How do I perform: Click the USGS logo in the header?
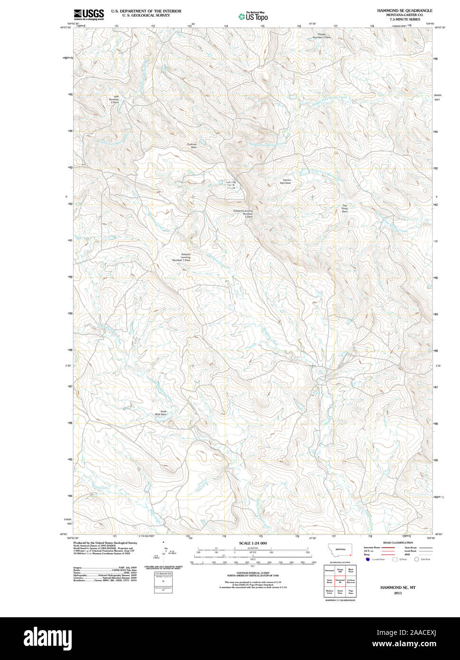point(88,14)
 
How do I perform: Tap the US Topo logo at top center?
point(253,17)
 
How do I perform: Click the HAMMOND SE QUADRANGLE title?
point(404,10)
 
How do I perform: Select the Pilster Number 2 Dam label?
point(324,36)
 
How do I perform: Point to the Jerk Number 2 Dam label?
point(114,100)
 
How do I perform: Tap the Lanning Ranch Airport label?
point(231,185)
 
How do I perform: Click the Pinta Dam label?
point(345,208)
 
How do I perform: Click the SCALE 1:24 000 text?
point(253,543)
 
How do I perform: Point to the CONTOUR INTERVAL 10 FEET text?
point(253,573)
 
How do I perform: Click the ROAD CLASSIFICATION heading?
point(398,542)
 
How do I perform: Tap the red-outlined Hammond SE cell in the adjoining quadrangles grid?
point(340,581)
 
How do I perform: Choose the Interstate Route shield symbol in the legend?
point(368,560)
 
